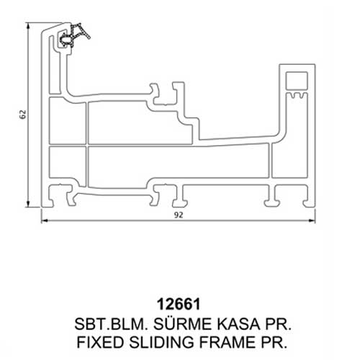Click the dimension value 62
(x=23, y=114)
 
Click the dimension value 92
(x=179, y=215)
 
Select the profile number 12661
(x=179, y=305)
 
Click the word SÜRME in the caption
(x=183, y=323)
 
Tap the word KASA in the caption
(x=238, y=324)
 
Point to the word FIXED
(x=100, y=342)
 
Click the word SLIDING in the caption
(x=161, y=342)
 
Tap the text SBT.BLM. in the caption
(x=111, y=324)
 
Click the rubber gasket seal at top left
(x=74, y=35)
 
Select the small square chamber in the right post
(x=297, y=81)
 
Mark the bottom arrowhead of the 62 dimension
(x=28, y=204)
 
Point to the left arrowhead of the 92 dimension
(x=45, y=220)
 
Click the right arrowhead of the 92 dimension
(x=312, y=220)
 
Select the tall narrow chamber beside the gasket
(x=54, y=65)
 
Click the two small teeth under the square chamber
(x=297, y=96)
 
